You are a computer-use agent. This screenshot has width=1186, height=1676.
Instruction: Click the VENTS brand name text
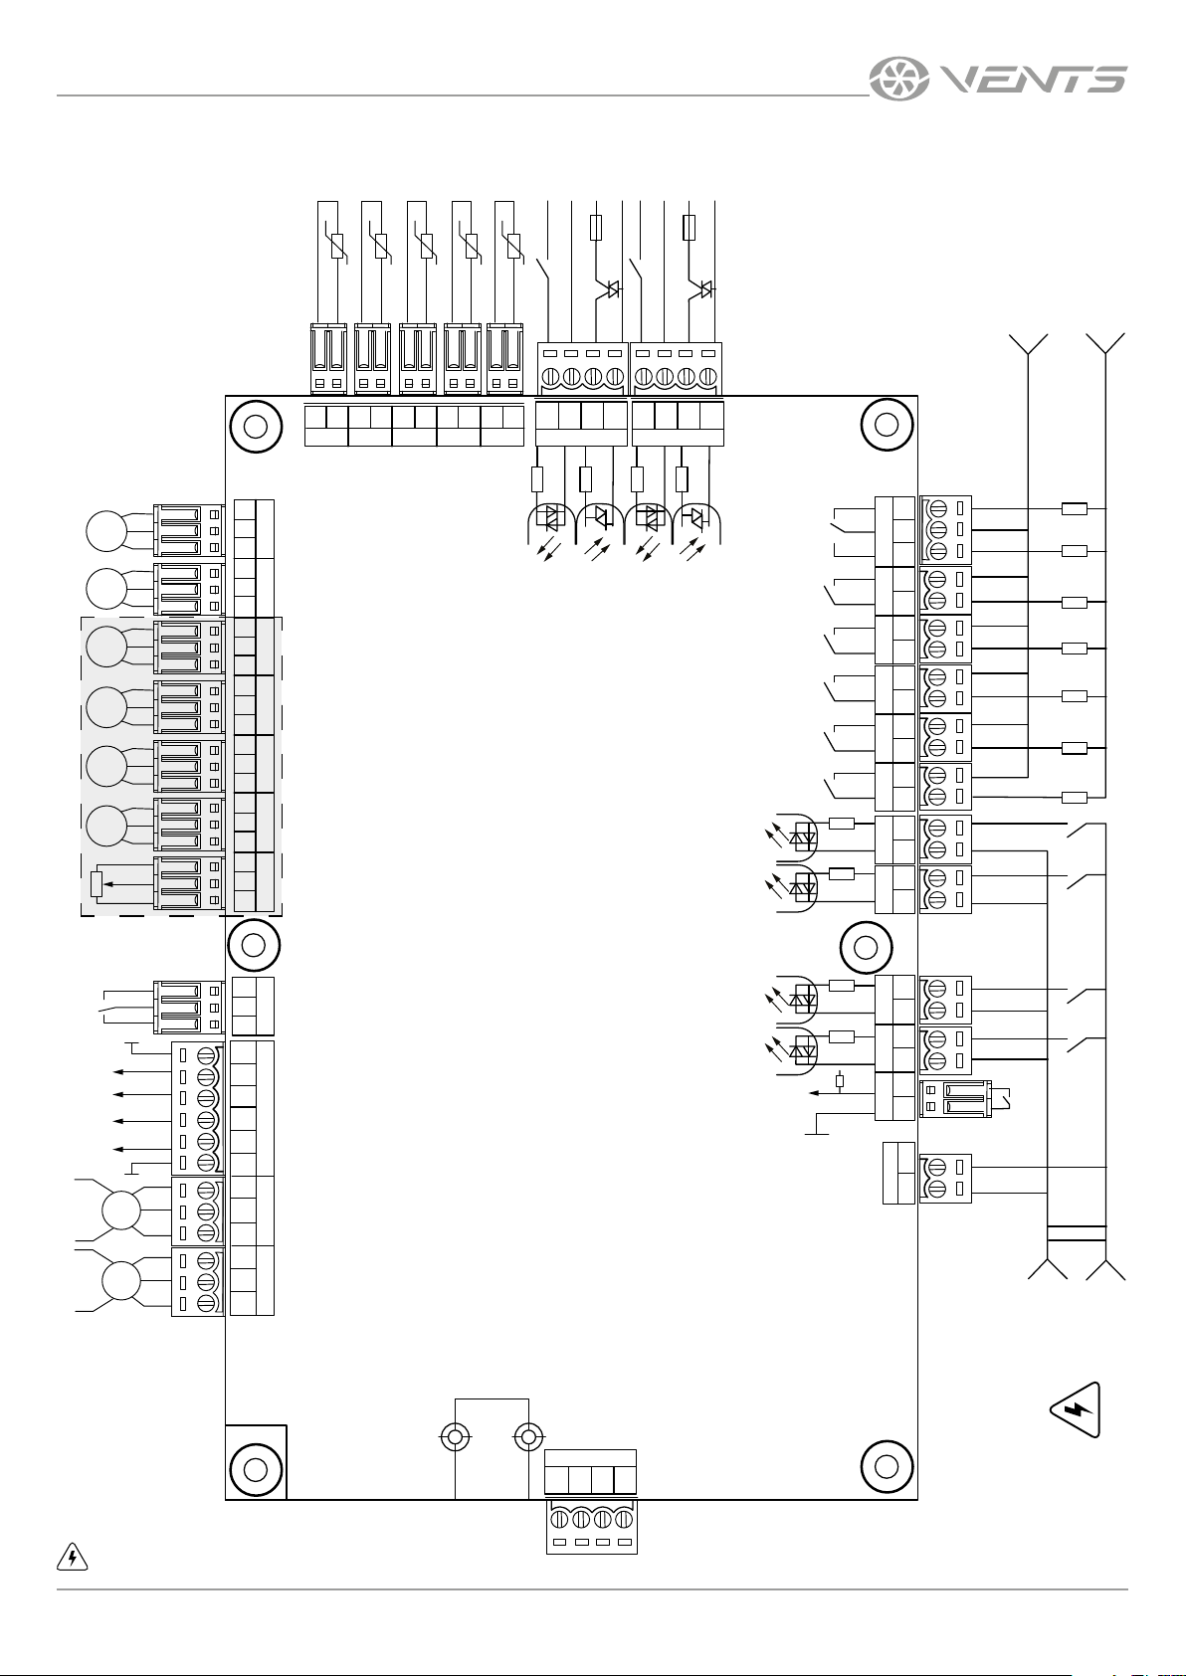coord(1033,79)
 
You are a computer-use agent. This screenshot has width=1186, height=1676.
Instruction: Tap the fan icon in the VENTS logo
coord(898,79)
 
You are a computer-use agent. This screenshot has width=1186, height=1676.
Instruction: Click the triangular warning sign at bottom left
coord(73,1557)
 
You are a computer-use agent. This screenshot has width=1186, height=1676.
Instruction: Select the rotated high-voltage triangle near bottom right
coord(1076,1409)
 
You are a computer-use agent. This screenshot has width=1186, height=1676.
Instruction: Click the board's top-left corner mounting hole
coord(256,427)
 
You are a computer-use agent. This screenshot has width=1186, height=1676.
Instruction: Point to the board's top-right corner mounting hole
coord(887,425)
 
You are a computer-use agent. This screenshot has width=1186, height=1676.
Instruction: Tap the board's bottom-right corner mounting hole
coord(887,1466)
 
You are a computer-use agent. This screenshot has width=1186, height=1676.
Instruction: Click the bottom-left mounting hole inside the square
coord(255,1469)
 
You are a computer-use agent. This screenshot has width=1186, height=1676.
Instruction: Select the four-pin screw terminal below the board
coord(591,1527)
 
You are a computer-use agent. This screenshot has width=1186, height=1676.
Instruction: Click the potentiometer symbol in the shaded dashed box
coord(96,883)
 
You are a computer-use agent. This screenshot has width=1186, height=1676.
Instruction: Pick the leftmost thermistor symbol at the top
coord(337,246)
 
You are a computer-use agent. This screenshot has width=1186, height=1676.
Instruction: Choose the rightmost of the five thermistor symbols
coord(513,246)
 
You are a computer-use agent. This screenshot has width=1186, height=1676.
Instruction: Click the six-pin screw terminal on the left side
coord(198,1109)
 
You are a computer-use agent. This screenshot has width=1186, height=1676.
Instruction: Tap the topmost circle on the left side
coord(106,530)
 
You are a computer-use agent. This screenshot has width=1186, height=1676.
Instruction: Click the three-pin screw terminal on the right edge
coord(945,530)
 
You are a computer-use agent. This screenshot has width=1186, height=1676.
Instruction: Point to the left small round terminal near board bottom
coord(455,1437)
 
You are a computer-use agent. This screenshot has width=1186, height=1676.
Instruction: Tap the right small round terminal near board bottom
coord(529,1437)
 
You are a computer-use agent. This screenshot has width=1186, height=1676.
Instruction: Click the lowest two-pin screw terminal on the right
coord(945,1179)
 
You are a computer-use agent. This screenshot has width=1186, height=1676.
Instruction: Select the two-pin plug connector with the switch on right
coord(955,1099)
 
